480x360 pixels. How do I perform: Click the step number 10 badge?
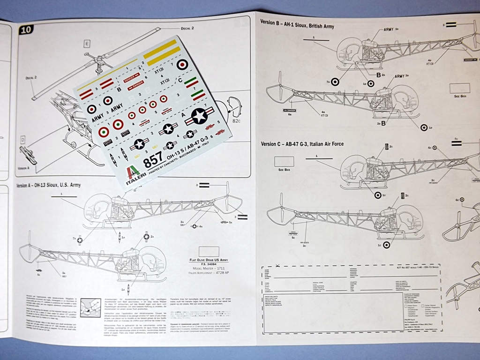tap(26, 30)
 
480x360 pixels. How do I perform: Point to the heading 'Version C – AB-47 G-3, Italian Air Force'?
tap(302, 143)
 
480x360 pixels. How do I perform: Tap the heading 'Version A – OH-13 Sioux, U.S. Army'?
tap(48, 185)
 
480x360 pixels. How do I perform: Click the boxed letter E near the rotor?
tap(87, 44)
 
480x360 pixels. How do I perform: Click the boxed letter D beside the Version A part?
tap(22, 140)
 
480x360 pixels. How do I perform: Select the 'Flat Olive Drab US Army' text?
tap(209, 259)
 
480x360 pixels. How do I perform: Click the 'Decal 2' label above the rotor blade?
tap(186, 29)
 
